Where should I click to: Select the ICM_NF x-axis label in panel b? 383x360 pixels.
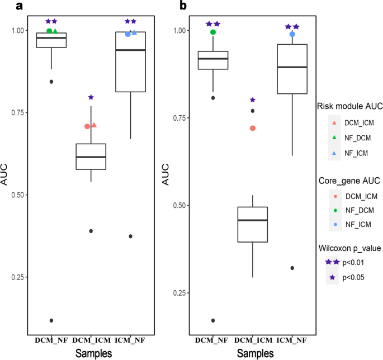point(292,339)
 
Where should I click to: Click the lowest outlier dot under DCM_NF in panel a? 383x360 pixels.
point(51,320)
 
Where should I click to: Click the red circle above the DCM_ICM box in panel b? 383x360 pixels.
point(253,128)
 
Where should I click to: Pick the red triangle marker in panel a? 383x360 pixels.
point(94,125)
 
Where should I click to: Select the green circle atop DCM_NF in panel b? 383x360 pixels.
point(213,32)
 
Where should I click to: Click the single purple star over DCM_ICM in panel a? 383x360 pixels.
point(91,98)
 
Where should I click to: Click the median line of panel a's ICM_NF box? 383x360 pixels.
point(130,50)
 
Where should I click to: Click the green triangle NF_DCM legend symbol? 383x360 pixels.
point(334,137)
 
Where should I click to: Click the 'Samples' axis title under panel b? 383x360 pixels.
point(255,353)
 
